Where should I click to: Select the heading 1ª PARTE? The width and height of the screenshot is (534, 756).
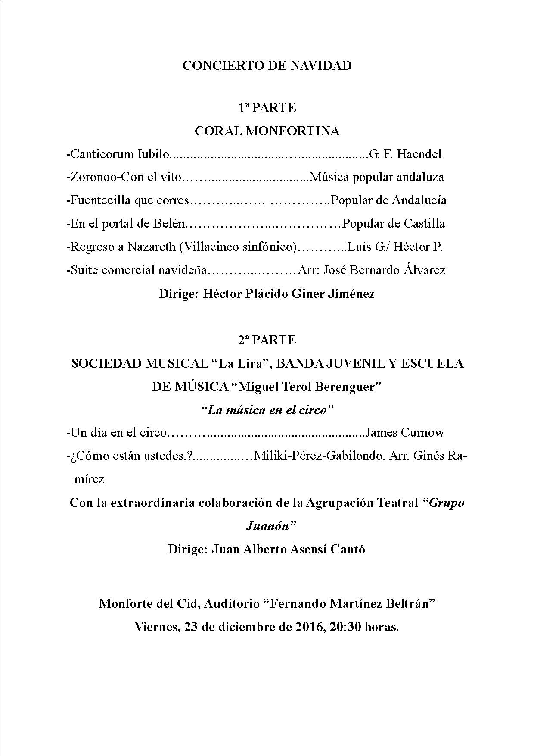(267, 108)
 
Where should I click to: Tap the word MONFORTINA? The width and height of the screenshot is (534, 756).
(292, 131)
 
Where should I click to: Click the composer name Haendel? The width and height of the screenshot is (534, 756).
(419, 154)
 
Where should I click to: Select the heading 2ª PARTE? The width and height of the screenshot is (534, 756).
(267, 340)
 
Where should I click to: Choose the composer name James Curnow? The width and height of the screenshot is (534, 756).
(404, 432)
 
